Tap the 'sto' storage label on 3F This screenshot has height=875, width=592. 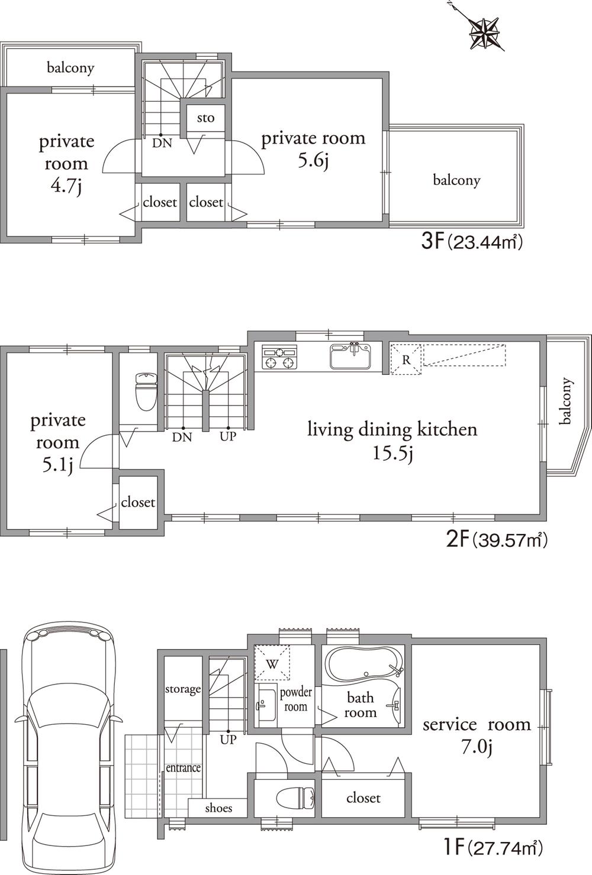point(205,118)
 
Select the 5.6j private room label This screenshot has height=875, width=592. point(313,149)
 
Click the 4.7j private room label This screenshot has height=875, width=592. point(66,164)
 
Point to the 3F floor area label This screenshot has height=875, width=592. point(472,242)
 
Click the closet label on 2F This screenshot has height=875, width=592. point(138,502)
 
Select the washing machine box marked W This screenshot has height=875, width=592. point(272,663)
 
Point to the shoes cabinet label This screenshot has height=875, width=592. point(218,808)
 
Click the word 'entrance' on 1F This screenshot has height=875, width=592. point(183,767)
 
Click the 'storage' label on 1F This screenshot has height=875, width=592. point(182,689)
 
